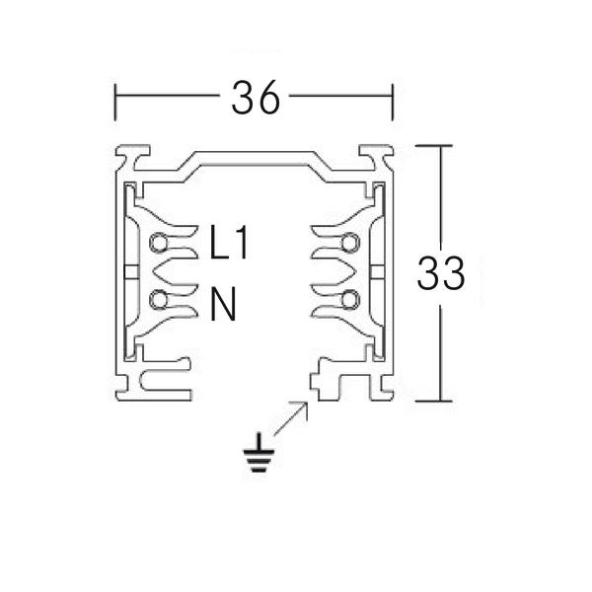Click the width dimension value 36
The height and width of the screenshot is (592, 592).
click(256, 98)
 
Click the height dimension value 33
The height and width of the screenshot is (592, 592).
click(441, 273)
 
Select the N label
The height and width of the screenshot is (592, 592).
click(223, 303)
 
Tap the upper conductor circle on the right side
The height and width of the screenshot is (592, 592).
click(349, 243)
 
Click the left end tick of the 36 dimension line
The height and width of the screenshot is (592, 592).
click(117, 99)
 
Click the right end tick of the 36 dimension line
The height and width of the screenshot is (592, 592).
click(394, 99)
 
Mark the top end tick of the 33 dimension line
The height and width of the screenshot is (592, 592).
click(439, 145)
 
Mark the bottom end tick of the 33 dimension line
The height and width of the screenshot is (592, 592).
click(439, 401)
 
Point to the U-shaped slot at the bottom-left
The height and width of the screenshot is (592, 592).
click(158, 380)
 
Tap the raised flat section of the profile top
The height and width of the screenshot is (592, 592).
click(256, 157)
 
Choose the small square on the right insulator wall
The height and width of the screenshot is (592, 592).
click(378, 270)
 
